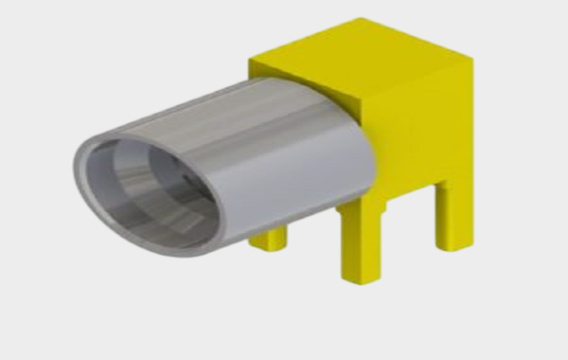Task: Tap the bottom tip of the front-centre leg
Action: (x=362, y=277)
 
